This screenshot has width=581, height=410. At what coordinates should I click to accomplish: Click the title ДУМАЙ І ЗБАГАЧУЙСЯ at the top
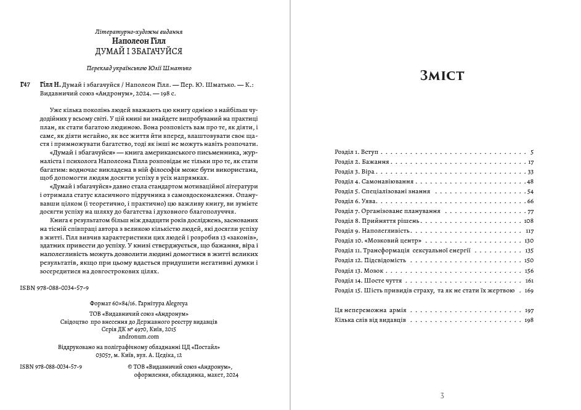(x=139, y=51)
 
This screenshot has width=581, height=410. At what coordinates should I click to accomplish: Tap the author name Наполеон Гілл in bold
(x=139, y=41)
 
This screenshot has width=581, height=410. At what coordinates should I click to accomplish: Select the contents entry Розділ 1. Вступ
(x=357, y=151)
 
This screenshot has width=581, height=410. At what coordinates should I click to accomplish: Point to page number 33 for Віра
(x=530, y=172)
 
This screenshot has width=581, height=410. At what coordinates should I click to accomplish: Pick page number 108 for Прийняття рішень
(x=528, y=220)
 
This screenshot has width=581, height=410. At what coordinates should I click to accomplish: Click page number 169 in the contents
(x=529, y=291)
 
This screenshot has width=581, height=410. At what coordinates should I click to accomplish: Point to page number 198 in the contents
(x=528, y=320)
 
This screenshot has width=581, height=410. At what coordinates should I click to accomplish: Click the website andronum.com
(x=139, y=337)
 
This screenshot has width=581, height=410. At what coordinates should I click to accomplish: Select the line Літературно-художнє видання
(x=139, y=31)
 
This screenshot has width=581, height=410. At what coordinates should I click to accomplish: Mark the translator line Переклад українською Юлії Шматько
(x=139, y=68)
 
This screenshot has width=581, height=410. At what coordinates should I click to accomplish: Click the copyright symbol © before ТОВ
(x=130, y=366)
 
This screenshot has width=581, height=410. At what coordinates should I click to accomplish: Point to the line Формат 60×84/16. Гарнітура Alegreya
(x=139, y=304)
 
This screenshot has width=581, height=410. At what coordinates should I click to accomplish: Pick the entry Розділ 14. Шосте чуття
(x=364, y=280)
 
